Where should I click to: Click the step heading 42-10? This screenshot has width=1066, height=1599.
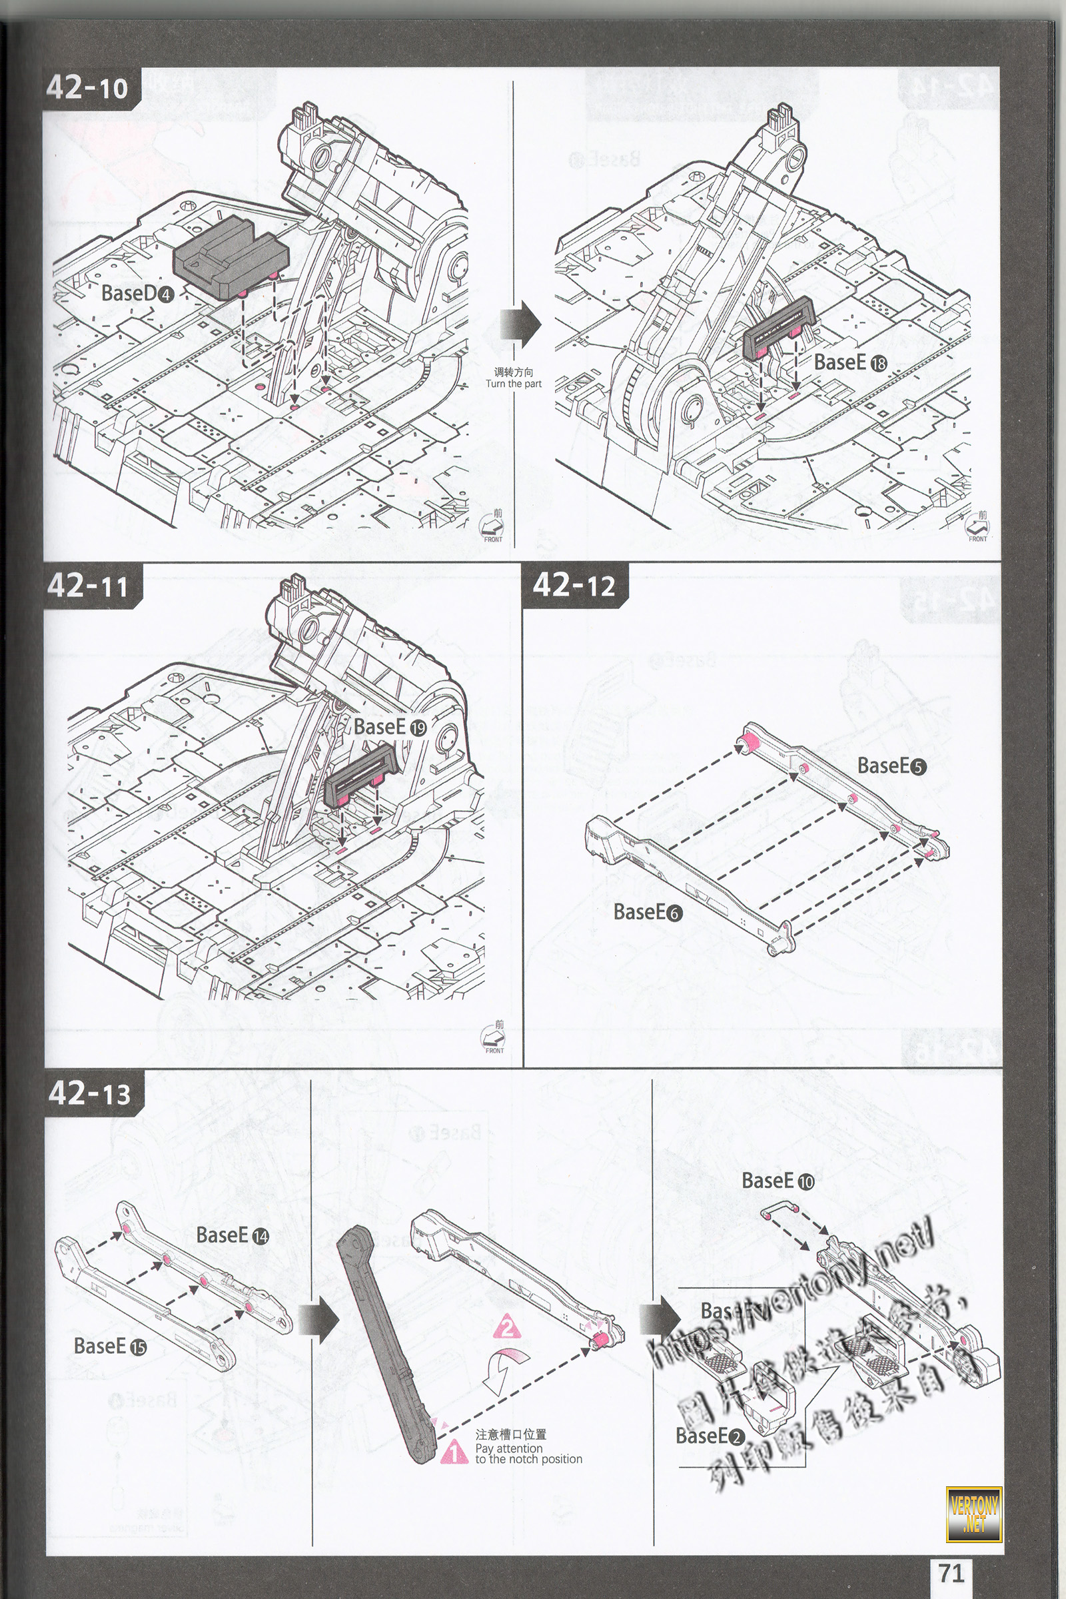[x=87, y=87]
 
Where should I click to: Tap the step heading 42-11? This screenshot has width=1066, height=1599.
[x=88, y=586]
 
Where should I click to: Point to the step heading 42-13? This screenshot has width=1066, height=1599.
[x=89, y=1093]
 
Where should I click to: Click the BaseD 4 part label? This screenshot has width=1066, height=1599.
[x=137, y=294]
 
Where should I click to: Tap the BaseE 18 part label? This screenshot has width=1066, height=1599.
[x=850, y=362]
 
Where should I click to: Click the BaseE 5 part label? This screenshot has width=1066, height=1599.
[x=891, y=766]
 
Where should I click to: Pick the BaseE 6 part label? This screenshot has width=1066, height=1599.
[x=647, y=911]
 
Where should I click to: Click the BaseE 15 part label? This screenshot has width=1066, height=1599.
[x=109, y=1345]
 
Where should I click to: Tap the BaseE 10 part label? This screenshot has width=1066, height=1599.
[x=777, y=1181]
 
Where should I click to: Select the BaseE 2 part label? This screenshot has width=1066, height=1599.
[x=710, y=1435]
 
